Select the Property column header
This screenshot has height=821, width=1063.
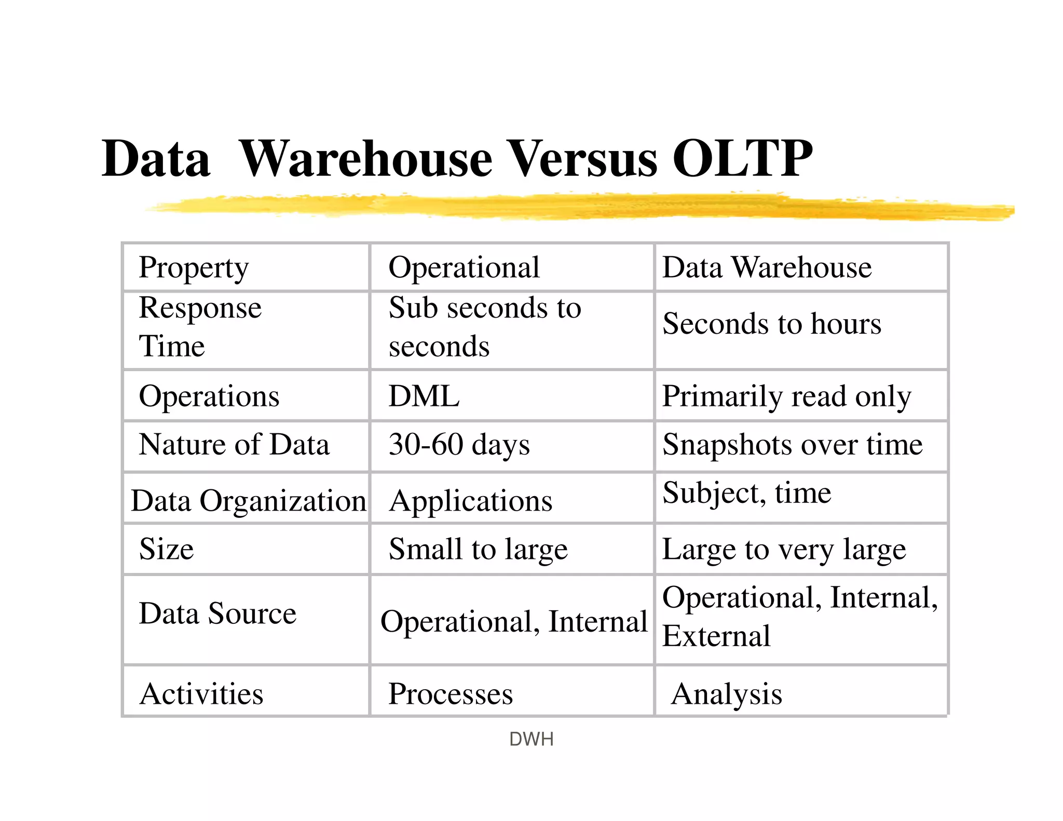[194, 268]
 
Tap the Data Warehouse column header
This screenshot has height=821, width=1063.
[767, 268]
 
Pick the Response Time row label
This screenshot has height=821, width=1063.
[200, 326]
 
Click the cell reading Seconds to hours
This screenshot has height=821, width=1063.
[772, 324]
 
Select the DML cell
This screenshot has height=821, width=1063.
[424, 396]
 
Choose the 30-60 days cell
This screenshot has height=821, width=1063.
[459, 445]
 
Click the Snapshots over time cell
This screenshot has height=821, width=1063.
[793, 445]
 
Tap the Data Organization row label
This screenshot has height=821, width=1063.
[249, 501]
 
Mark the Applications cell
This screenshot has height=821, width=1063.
[471, 501]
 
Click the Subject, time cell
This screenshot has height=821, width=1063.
[747, 492]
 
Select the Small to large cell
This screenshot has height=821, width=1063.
[478, 549]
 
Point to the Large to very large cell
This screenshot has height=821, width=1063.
[784, 550]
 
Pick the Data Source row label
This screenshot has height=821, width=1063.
[217, 613]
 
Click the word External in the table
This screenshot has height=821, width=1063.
[716, 636]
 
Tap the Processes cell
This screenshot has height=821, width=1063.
[451, 694]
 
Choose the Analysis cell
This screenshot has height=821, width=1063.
[726, 694]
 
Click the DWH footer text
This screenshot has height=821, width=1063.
[531, 739]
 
